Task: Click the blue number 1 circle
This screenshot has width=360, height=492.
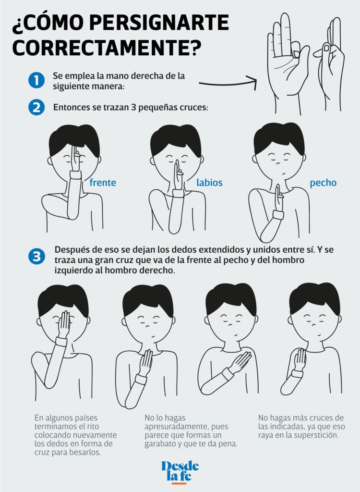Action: click(36, 80)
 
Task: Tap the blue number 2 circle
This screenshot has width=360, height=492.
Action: click(36, 107)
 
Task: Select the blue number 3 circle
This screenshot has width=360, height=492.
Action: click(36, 257)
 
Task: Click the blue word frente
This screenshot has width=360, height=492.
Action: click(103, 183)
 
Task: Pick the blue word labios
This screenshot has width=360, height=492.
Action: click(209, 183)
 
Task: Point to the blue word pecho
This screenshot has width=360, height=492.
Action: click(323, 183)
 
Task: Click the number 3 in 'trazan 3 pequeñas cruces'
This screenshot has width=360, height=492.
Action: click(134, 108)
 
